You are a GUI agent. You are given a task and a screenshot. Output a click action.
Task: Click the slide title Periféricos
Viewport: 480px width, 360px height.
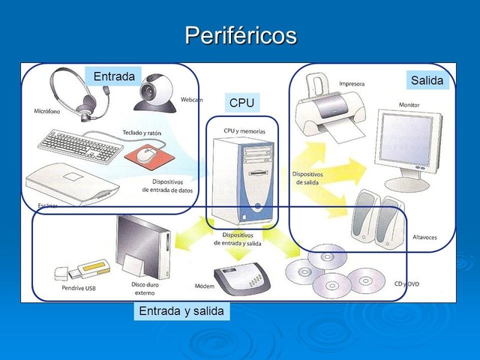click(240, 35)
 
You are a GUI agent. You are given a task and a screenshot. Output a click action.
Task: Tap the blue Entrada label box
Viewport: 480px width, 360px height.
click(113, 76)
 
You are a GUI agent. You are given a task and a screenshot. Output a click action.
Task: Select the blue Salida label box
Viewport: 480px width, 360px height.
click(427, 80)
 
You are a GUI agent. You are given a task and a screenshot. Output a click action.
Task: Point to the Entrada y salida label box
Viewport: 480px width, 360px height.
click(181, 310)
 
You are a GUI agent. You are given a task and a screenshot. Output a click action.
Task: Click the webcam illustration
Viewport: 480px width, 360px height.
click(157, 92)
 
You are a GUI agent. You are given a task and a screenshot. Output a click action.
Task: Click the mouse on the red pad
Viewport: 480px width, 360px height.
click(148, 154)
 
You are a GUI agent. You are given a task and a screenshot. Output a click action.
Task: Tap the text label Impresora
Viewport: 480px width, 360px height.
click(352, 83)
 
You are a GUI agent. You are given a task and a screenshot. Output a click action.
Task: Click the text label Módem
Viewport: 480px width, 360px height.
click(204, 286)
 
